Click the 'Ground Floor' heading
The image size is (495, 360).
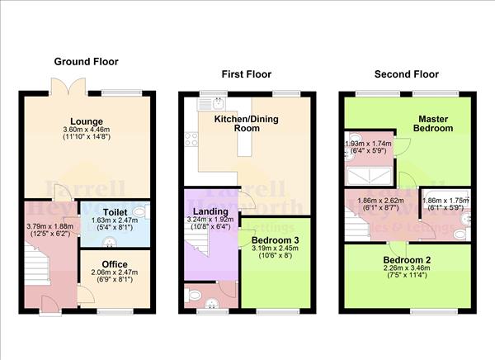(x=86, y=61)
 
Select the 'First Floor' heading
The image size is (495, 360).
(x=246, y=74)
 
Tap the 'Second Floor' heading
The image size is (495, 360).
(x=404, y=74)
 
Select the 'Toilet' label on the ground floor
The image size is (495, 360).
(x=115, y=211)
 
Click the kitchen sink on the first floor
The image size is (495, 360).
(x=216, y=103)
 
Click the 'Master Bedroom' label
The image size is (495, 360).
(x=433, y=122)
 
